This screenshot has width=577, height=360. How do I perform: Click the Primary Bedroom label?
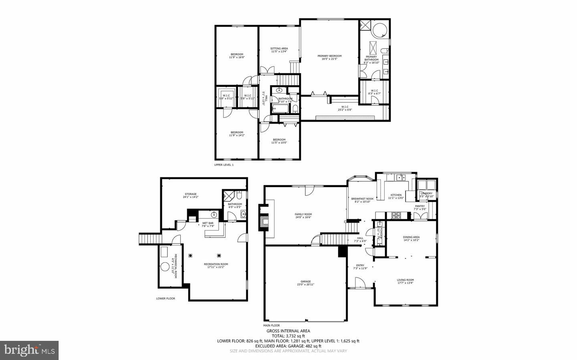(329, 57)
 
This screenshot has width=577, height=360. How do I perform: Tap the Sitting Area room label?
(279, 50)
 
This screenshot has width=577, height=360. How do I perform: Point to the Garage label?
(305, 283)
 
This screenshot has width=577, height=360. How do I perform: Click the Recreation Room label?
(216, 265)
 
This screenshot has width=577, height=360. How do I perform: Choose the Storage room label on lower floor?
(191, 195)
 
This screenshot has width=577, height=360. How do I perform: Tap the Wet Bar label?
(208, 224)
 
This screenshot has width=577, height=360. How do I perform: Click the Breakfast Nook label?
(362, 200)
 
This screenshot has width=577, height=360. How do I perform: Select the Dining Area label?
(411, 239)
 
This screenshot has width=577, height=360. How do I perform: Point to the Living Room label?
(406, 281)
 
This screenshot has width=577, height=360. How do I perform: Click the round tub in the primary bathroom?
(380, 30)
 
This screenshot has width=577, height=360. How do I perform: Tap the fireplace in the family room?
(264, 221)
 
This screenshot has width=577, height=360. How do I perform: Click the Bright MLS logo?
(29, 350)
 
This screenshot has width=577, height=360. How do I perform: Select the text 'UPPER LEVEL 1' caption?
(224, 165)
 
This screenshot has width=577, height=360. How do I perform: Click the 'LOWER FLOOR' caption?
(165, 298)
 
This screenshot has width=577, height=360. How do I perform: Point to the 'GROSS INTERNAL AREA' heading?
(288, 331)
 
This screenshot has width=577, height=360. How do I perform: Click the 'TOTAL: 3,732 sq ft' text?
(288, 336)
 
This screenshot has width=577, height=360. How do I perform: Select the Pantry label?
(420, 207)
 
